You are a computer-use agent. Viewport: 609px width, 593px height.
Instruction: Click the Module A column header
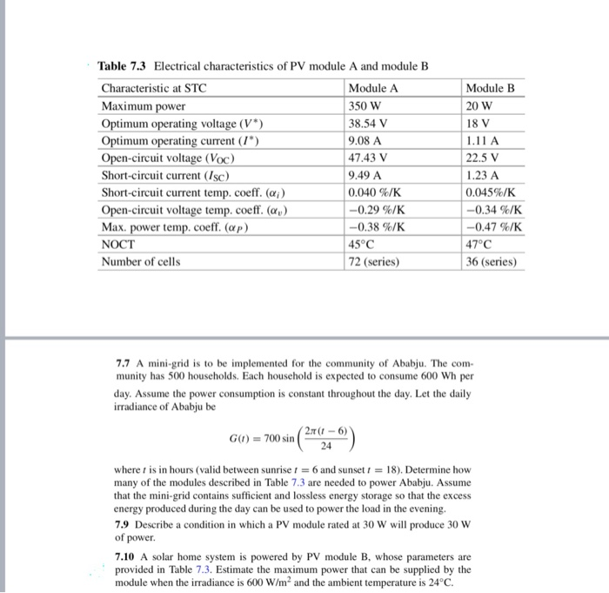(x=372, y=89)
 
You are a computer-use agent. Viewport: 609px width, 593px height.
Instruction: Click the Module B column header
(x=490, y=89)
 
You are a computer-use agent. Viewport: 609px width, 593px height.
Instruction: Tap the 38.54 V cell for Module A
(x=367, y=124)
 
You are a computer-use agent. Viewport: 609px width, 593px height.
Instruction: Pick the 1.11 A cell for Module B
(x=482, y=141)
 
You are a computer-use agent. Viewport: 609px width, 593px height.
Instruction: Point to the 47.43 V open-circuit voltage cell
(x=367, y=158)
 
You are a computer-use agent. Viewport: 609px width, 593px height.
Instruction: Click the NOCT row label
(x=119, y=245)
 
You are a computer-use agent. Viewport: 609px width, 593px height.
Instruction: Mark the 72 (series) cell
(x=372, y=262)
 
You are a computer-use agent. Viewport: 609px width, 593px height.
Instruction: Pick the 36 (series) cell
(x=491, y=262)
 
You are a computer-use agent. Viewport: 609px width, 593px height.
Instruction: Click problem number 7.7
(x=124, y=362)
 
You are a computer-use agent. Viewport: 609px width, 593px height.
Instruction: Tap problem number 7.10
(x=127, y=555)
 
